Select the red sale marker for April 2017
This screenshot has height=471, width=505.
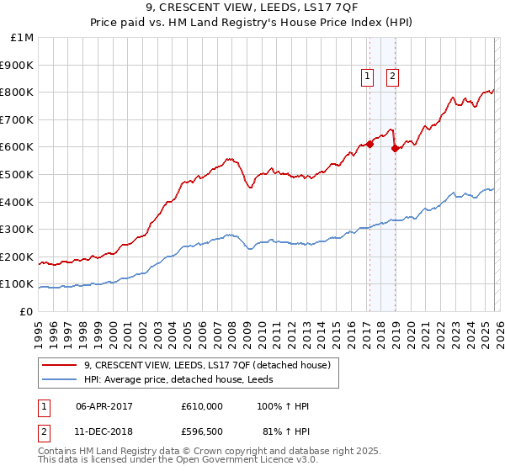pyautogui.click(x=369, y=145)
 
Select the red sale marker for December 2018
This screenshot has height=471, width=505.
pyautogui.click(x=395, y=149)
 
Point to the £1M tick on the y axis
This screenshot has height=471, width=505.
pyautogui.click(x=22, y=38)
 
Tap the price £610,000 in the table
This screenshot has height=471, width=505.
pyautogui.click(x=202, y=406)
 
